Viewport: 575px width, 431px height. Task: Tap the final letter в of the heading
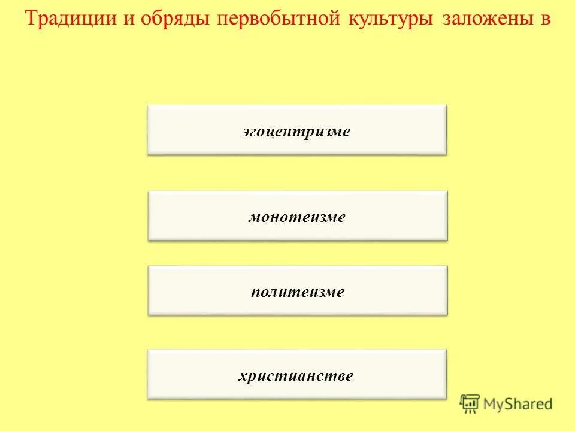point(545,20)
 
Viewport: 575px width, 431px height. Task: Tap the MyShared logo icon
point(470,404)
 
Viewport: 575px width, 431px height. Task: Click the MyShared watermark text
point(518,405)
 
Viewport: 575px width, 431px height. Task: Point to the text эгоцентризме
point(296,131)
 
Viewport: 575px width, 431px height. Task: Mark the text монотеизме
point(297,217)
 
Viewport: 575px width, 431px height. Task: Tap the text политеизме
point(298,292)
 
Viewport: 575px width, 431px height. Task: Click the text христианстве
point(296,376)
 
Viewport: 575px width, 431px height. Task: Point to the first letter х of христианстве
point(243,377)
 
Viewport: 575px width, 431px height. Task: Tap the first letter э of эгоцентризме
point(247,132)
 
